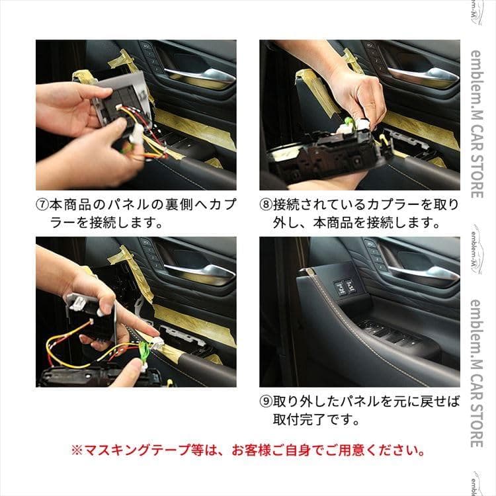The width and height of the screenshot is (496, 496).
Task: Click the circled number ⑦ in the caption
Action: (42, 204)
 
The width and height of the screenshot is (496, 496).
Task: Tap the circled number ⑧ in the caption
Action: (266, 204)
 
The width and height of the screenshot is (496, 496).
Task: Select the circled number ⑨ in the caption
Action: (266, 401)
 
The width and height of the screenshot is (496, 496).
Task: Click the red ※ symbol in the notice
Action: (77, 451)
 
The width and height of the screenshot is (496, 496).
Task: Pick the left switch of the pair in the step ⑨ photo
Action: (339, 287)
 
